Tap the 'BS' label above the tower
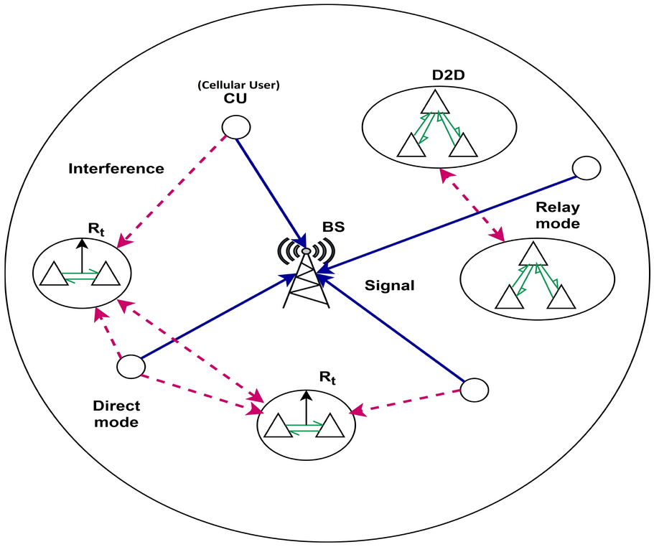tap(333, 228)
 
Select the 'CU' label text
tap(235, 98)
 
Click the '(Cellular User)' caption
tap(238, 85)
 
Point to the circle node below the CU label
tap(235, 128)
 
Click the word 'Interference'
tap(116, 169)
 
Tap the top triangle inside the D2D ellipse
tap(435, 102)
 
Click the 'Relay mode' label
tap(557, 215)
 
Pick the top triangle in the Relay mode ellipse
tap(532, 253)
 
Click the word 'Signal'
tap(391, 285)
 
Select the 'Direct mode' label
tap(116, 413)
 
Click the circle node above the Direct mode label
tap(131, 366)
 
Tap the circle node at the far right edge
tap(586, 168)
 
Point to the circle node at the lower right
tap(474, 390)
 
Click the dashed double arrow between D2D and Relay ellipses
tap(472, 205)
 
